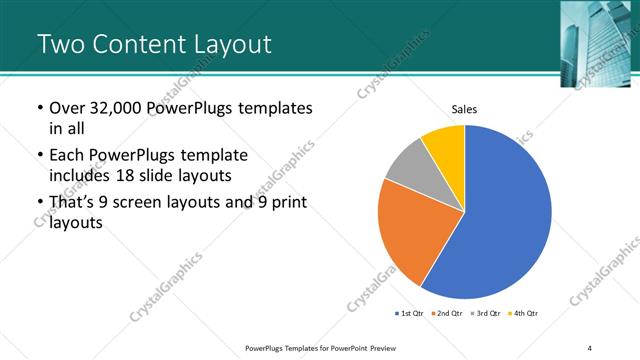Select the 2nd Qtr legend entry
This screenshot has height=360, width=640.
(448, 314)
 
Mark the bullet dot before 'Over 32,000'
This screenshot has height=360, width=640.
(38, 108)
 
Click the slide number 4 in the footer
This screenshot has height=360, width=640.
(589, 348)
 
